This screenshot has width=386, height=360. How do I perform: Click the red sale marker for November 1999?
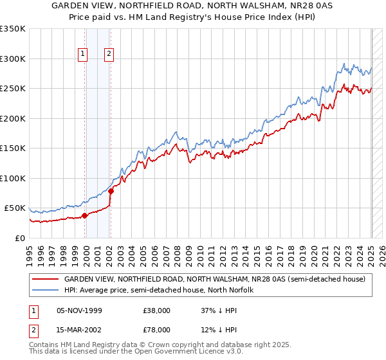click(x=85, y=215)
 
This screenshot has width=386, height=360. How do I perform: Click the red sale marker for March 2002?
click(x=111, y=191)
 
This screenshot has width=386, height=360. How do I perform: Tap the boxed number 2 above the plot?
click(x=110, y=54)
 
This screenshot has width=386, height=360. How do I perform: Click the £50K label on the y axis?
click(x=15, y=208)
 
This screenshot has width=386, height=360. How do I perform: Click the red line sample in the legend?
click(x=45, y=279)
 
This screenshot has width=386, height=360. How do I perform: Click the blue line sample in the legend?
click(x=45, y=290)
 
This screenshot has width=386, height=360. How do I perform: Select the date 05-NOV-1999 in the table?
click(x=78, y=310)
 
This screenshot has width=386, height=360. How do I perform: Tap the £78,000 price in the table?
click(x=157, y=330)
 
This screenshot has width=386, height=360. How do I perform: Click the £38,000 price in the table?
click(x=157, y=310)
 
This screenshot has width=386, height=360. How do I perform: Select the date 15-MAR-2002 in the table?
click(x=78, y=330)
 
